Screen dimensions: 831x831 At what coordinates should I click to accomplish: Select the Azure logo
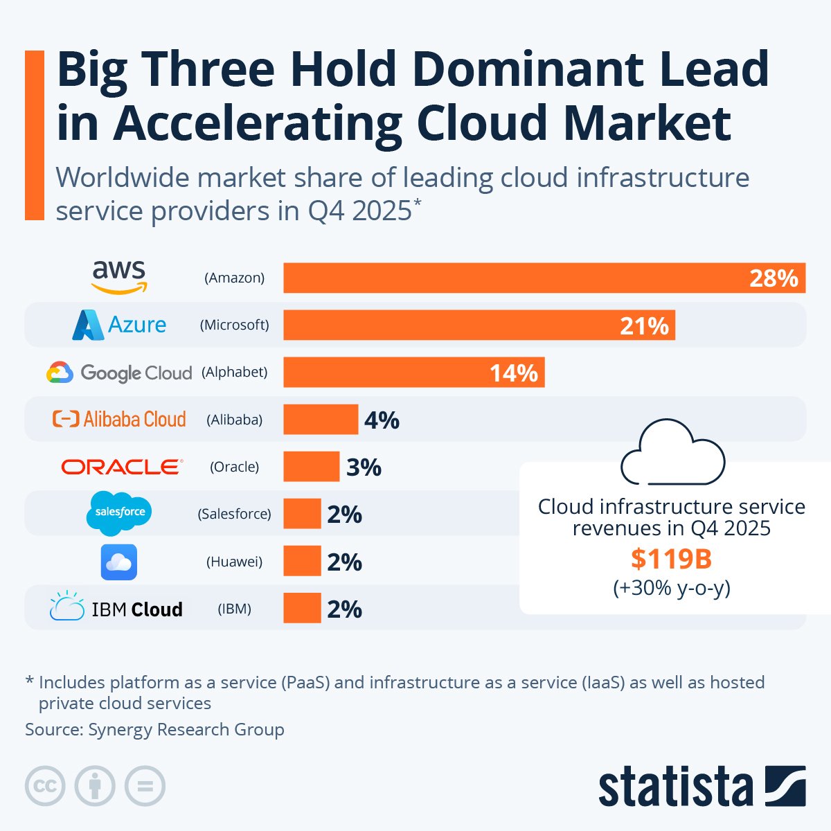tap(119, 324)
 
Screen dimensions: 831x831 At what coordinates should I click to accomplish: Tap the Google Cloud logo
tap(119, 373)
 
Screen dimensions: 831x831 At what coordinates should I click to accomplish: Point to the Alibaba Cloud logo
tap(119, 419)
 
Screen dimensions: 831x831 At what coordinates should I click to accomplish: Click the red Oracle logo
tap(122, 467)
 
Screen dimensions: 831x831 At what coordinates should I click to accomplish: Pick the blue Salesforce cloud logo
tap(119, 513)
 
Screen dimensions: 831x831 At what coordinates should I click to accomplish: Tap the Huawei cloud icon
tap(119, 562)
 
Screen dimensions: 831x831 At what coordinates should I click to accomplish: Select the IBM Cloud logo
tap(116, 608)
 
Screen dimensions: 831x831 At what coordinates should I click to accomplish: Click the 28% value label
tap(774, 278)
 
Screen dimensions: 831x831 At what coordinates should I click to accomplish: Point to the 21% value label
tap(644, 325)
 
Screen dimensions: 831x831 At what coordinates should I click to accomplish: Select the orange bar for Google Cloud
tap(413, 373)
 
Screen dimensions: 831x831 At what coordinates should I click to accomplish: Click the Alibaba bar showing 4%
tap(321, 420)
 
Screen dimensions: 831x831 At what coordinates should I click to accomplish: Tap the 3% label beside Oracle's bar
tap(364, 467)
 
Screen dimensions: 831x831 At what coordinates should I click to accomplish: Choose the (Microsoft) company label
tap(234, 325)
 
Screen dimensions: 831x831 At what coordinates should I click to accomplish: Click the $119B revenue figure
tap(671, 559)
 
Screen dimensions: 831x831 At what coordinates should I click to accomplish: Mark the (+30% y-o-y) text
tap(671, 588)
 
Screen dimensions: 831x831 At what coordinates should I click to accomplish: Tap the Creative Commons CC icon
tap(45, 786)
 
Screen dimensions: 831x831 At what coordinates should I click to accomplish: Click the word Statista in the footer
tap(675, 787)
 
